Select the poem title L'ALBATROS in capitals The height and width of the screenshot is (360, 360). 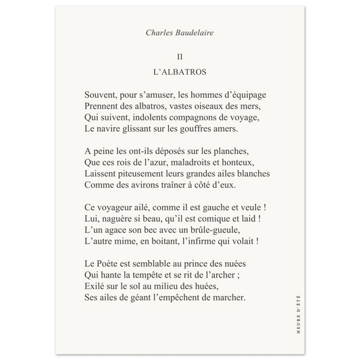click(x=180, y=70)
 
